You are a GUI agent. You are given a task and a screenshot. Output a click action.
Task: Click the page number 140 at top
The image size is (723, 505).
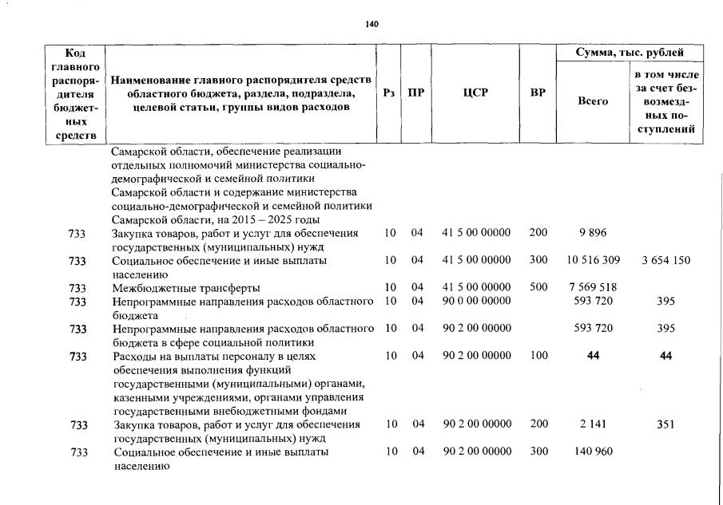371,25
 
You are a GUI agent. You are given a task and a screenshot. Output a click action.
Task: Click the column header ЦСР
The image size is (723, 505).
475,93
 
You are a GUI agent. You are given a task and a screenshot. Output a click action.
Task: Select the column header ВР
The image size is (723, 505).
538,93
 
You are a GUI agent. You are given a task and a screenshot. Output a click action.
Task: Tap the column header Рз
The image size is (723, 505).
389,93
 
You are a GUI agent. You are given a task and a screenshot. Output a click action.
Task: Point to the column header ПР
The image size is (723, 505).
416,93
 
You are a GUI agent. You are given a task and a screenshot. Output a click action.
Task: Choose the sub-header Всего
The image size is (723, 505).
593,101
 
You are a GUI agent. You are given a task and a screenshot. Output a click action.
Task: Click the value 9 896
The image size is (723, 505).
593,233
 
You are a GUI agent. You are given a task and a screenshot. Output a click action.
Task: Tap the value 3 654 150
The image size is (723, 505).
665,260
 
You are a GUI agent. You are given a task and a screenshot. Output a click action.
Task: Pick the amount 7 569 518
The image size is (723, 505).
593,287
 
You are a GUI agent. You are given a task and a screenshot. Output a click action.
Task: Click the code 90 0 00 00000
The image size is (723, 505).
476,301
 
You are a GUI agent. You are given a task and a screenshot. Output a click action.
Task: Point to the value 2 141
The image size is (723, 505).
593,424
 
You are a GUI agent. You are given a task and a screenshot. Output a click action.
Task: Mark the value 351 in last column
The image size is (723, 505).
665,424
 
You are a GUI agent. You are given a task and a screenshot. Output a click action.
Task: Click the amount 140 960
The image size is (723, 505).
593,452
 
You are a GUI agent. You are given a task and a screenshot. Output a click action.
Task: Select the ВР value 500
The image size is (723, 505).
538,287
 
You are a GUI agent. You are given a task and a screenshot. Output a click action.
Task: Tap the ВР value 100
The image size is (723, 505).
538,356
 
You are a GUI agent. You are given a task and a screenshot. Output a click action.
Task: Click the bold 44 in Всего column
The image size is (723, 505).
593,356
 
